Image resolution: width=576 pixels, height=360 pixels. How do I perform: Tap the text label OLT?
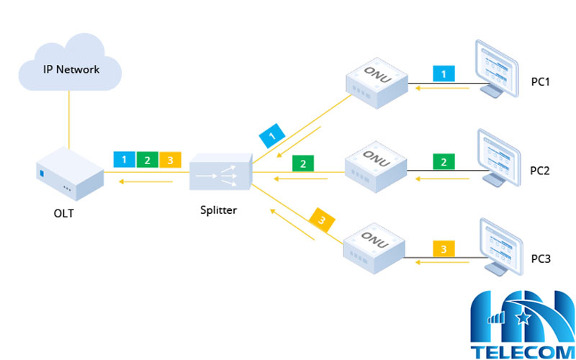click(65, 213)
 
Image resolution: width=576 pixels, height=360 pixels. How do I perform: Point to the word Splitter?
click(219, 211)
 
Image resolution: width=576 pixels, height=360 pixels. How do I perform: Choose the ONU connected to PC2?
click(375, 166)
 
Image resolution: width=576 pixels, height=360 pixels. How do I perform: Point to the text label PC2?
click(540, 171)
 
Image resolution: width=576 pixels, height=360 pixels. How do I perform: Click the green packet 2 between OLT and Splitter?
click(147, 160)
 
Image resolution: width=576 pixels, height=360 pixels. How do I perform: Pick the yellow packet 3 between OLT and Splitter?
click(170, 160)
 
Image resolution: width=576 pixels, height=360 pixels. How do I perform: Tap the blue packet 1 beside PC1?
click(444, 73)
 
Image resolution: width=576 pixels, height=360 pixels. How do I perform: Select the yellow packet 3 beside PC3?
click(444, 249)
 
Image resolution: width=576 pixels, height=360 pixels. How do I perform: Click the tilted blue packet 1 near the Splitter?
click(271, 135)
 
